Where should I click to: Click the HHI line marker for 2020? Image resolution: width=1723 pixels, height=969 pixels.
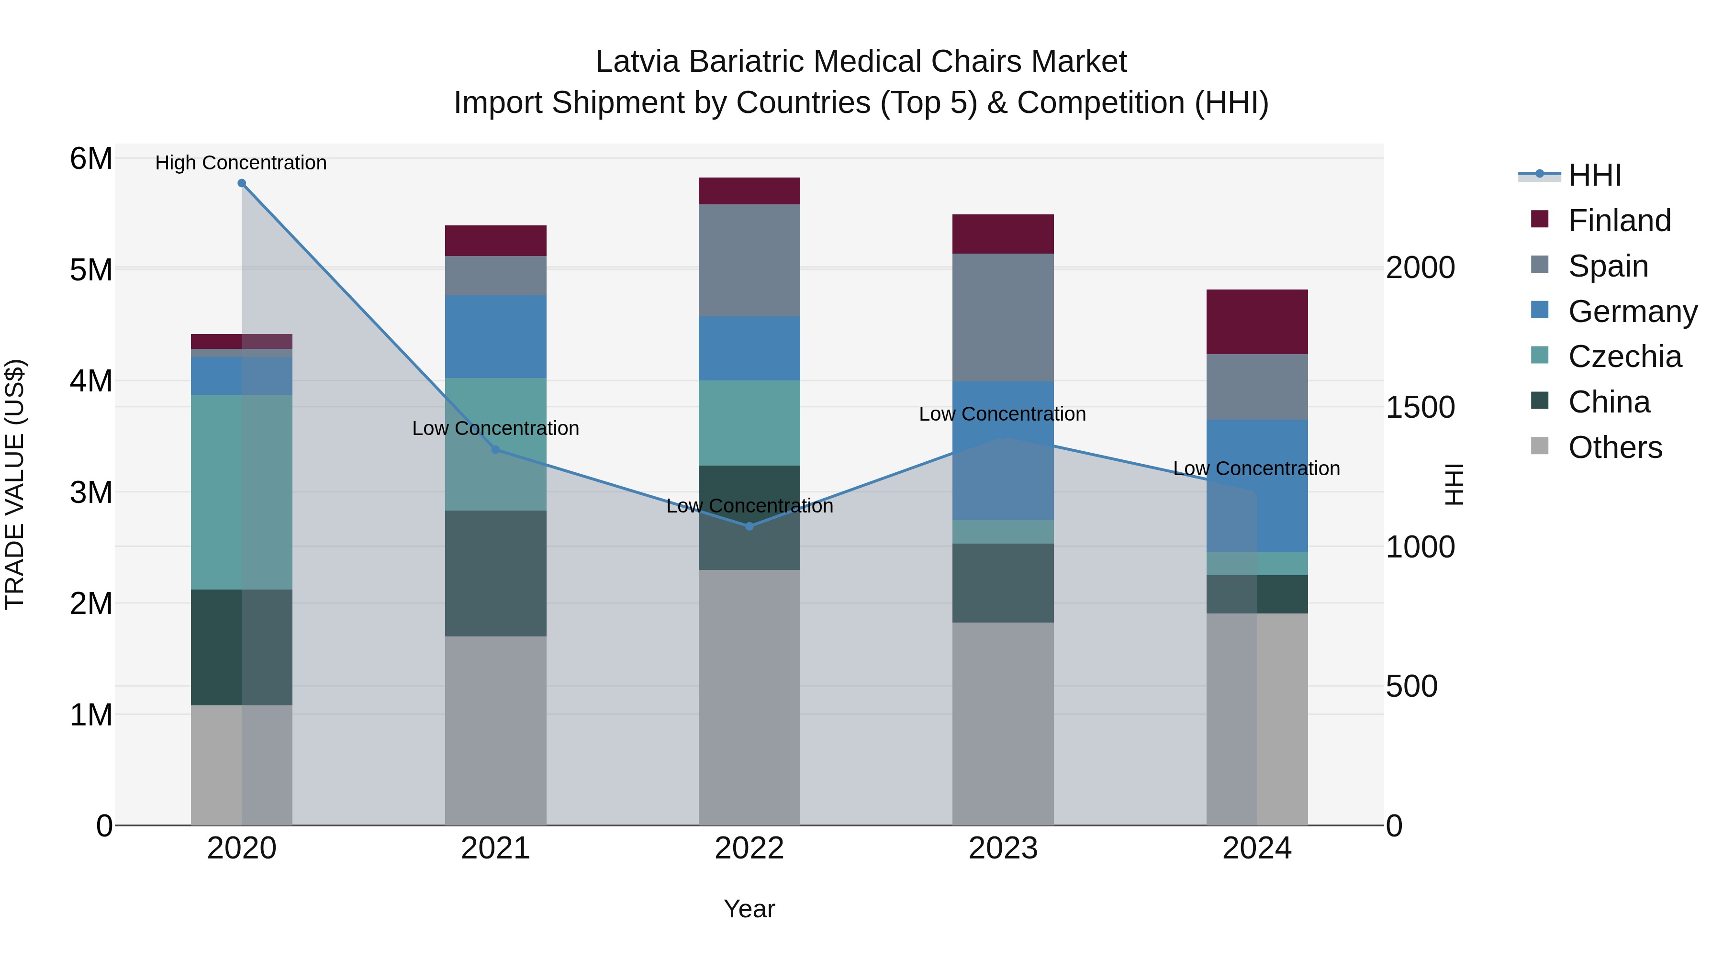pyautogui.click(x=242, y=183)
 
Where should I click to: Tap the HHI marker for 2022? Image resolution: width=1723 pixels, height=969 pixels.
pyautogui.click(x=749, y=526)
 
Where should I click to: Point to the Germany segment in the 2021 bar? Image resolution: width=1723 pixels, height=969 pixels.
pyautogui.click(x=496, y=336)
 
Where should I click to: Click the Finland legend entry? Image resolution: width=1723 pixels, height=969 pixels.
pyautogui.click(x=1619, y=221)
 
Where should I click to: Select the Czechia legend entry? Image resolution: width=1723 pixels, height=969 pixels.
pyautogui.click(x=1624, y=356)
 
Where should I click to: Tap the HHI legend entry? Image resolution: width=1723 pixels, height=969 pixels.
pyautogui.click(x=1595, y=175)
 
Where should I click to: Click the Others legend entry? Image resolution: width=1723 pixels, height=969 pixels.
pyautogui.click(x=1615, y=447)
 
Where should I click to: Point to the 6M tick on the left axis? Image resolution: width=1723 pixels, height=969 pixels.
pyautogui.click(x=91, y=159)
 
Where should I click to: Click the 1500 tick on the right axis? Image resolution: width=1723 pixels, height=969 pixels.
pyautogui.click(x=1420, y=407)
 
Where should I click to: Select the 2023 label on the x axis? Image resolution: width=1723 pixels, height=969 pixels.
pyautogui.click(x=1003, y=848)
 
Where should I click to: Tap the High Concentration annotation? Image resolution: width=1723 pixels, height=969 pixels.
pyautogui.click(x=241, y=163)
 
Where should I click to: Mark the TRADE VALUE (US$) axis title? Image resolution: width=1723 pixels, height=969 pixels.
pyautogui.click(x=15, y=484)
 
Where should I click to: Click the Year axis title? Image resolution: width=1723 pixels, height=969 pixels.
pyautogui.click(x=749, y=909)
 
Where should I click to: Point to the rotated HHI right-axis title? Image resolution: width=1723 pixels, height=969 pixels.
pyautogui.click(x=1454, y=484)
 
